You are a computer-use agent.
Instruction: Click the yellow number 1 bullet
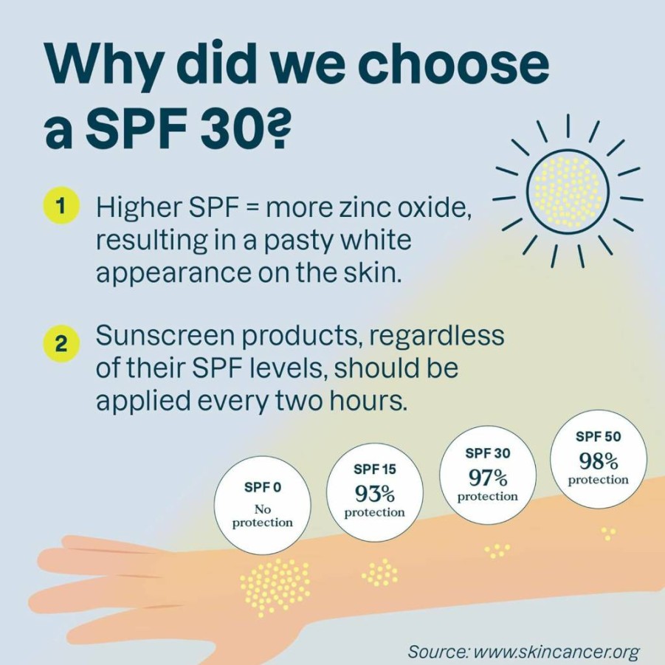tap(61, 206)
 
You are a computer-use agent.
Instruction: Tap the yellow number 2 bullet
tap(61, 344)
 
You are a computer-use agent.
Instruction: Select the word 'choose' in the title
tap(453, 64)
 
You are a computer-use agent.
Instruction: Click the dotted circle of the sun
tap(568, 190)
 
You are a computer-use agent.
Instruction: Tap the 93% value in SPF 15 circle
tap(374, 493)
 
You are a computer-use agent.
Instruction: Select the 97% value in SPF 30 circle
tap(488, 478)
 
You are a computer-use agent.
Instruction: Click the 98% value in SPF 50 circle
tap(598, 461)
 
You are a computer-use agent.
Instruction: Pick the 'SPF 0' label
tap(263, 487)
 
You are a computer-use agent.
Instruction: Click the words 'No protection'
tap(263, 515)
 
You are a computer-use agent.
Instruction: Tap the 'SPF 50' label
tap(598, 436)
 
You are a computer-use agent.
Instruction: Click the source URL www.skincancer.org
tap(556, 651)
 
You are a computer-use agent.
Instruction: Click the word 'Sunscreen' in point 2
tap(165, 336)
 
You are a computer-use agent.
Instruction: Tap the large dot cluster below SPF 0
tap(275, 587)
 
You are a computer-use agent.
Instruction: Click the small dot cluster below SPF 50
tap(609, 534)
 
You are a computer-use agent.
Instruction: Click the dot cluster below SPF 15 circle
tap(379, 573)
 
